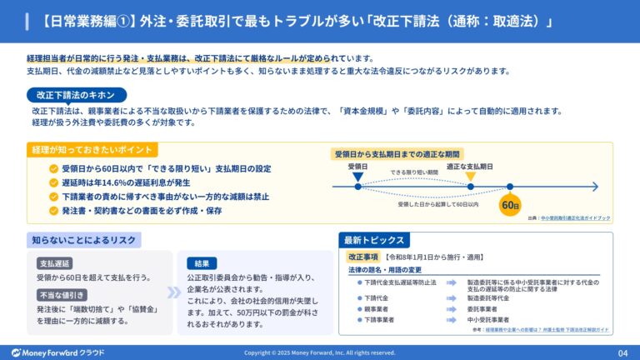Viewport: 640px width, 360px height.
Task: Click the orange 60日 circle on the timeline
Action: coord(510,205)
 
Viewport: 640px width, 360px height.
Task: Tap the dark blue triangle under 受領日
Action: coord(357,177)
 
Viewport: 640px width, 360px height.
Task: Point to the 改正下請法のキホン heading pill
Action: coord(77,95)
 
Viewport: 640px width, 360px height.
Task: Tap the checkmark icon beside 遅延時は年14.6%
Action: coord(54,182)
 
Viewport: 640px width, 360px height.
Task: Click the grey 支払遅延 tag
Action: coord(58,263)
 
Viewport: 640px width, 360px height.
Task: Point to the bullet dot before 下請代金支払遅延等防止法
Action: coord(358,282)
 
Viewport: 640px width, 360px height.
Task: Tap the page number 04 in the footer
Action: coord(622,352)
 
